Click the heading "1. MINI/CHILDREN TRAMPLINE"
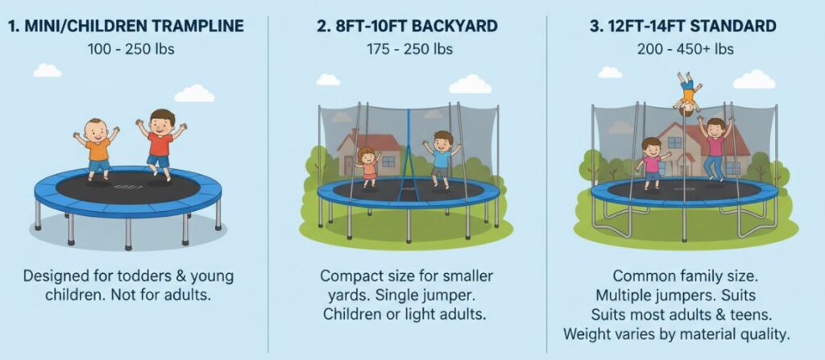[126, 26]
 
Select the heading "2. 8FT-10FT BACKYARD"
[407, 26]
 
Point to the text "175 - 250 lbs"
[409, 49]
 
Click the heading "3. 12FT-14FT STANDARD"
[682, 26]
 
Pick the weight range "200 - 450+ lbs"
[685, 49]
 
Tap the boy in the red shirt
[160, 144]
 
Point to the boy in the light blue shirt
[442, 158]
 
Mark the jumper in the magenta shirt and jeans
[715, 147]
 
